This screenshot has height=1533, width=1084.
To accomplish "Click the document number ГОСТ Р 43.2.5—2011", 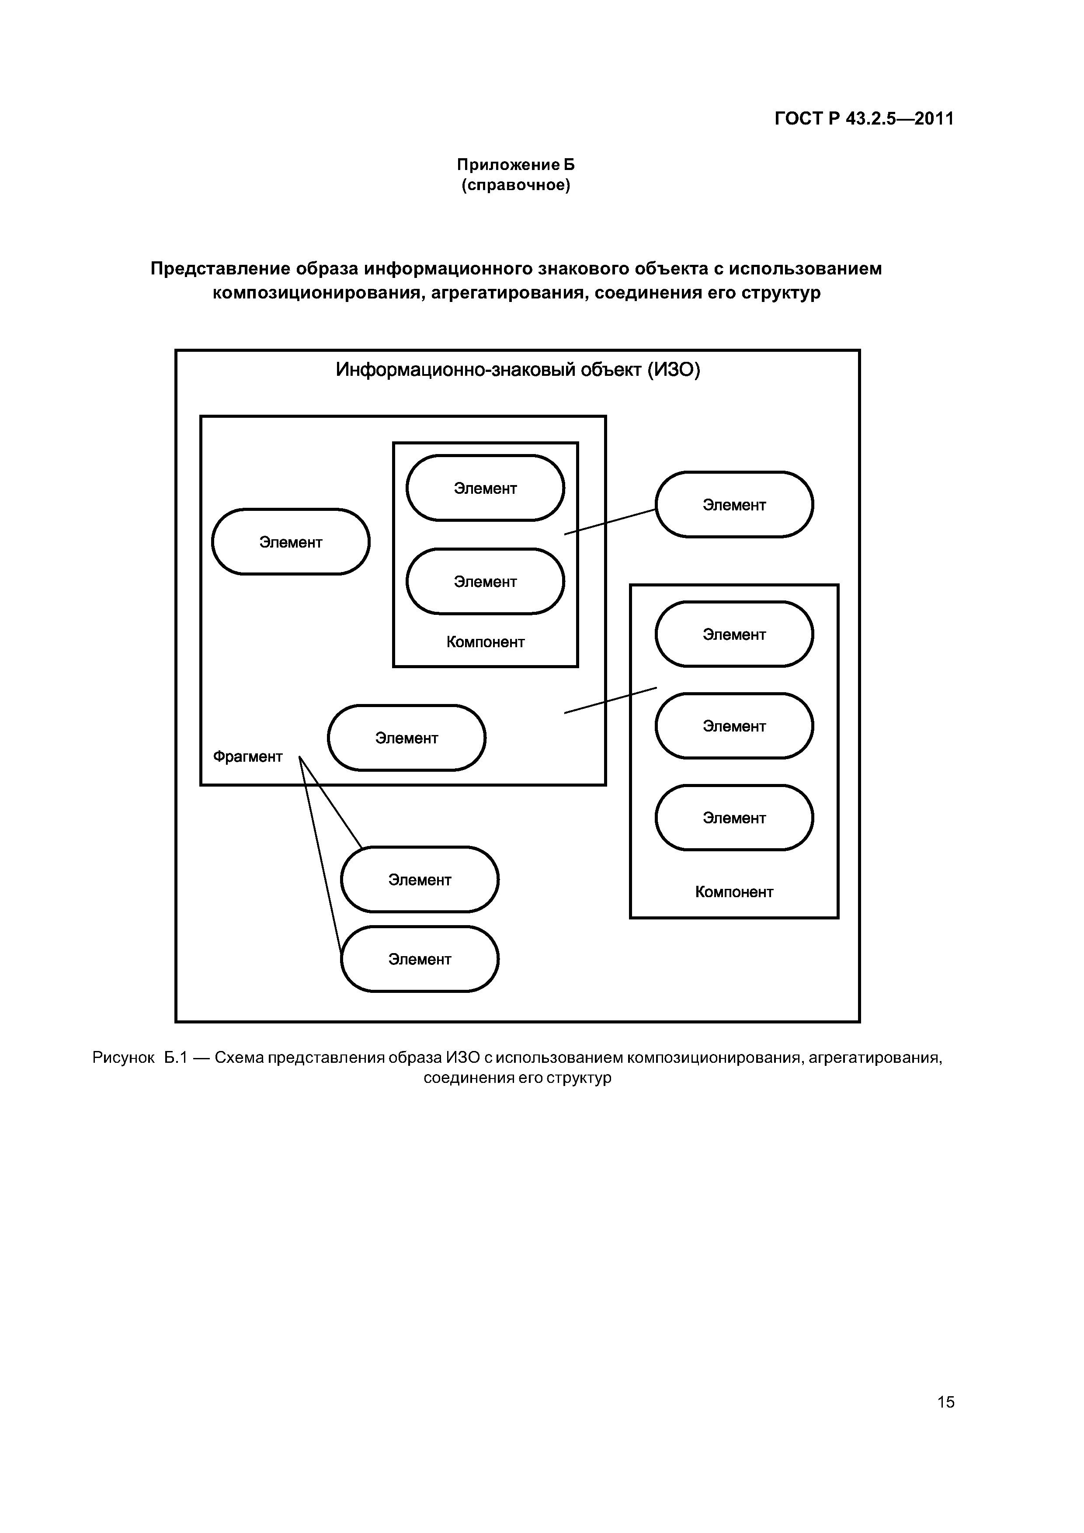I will [x=864, y=119].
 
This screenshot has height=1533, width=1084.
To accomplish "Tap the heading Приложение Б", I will [x=515, y=164].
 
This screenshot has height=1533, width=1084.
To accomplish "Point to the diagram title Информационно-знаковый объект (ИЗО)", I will [x=518, y=370].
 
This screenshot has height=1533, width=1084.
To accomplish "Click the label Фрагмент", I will [x=247, y=756].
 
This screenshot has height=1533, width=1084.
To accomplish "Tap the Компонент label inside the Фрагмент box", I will [x=486, y=642].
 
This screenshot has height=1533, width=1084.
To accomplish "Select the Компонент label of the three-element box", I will [x=734, y=892].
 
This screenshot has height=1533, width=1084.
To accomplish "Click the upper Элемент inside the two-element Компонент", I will [x=486, y=489].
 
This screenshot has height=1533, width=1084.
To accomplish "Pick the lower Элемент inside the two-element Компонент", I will [x=486, y=582].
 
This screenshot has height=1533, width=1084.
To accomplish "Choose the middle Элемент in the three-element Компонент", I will [x=734, y=726].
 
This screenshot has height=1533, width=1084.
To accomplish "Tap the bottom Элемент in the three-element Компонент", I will [x=734, y=818].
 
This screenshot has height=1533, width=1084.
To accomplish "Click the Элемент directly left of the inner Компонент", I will [x=291, y=542].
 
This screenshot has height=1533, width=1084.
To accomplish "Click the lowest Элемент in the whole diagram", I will [x=420, y=960].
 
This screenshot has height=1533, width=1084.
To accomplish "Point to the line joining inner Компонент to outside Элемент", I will [x=610, y=521].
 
